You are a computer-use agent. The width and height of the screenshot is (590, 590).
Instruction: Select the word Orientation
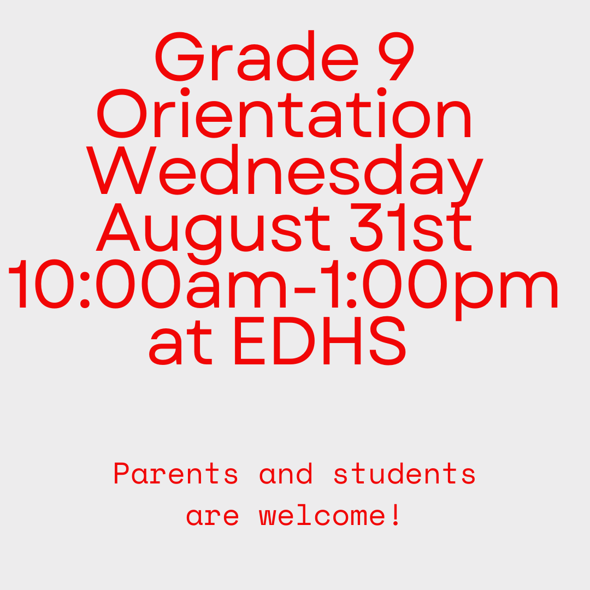click(285, 115)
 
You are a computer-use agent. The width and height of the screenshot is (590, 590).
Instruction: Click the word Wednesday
click(285, 170)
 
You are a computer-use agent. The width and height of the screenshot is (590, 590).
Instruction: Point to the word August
click(214, 227)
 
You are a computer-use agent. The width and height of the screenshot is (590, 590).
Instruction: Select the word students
click(404, 474)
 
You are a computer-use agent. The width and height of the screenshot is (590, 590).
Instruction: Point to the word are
click(213, 516)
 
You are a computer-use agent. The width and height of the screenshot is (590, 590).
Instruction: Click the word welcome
click(322, 516)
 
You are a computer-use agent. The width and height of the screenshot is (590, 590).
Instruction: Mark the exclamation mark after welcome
click(397, 516)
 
